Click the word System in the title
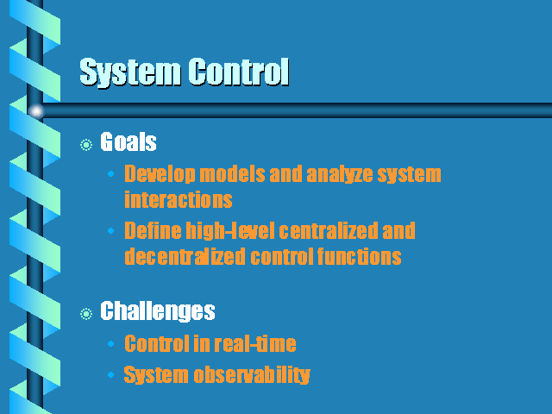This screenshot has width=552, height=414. (130, 72)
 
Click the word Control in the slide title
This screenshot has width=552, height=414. (239, 72)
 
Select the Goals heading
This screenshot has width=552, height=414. (129, 141)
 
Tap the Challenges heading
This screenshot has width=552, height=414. (158, 311)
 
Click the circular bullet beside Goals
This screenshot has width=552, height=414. (86, 145)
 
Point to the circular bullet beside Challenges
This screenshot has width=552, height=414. (86, 314)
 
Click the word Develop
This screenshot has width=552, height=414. (160, 174)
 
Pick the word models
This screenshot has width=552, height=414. (232, 174)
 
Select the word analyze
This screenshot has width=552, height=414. (340, 174)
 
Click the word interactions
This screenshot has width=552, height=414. (179, 199)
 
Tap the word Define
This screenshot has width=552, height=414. (153, 230)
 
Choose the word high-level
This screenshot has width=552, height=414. (230, 230)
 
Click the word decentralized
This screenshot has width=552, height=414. (185, 256)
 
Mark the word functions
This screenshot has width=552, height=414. (360, 256)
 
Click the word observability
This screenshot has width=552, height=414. (252, 374)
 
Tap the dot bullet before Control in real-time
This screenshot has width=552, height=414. (111, 343)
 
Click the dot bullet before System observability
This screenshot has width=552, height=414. (111, 374)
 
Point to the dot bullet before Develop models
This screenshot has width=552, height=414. (111, 173)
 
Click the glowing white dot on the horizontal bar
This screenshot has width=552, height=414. (36, 111)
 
